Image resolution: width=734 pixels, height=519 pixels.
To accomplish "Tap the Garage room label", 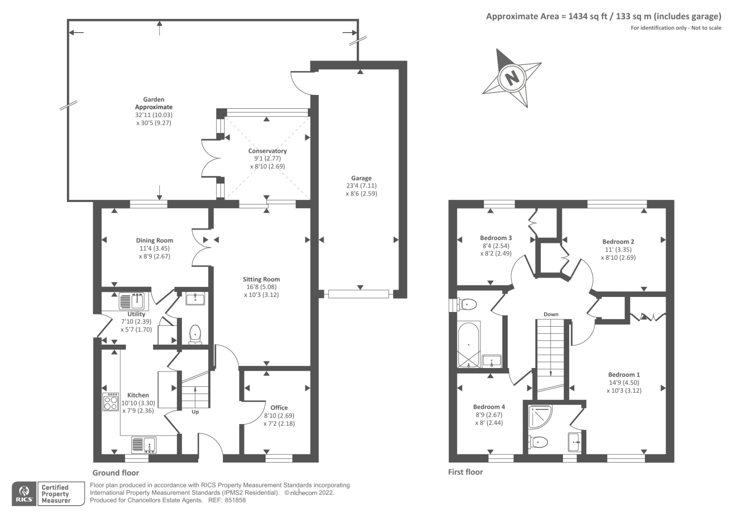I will [361, 178].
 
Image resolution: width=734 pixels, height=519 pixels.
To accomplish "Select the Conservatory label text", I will [267, 151].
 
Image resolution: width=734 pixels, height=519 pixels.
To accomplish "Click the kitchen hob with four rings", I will [111, 402].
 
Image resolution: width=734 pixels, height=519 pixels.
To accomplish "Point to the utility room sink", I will [132, 301].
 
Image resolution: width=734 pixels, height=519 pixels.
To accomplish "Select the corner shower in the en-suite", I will [539, 416].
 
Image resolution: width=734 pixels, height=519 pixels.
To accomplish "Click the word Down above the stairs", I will [551, 314].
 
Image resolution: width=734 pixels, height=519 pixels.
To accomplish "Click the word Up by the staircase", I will [195, 412].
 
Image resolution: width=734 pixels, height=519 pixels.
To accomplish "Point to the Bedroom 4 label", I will [489, 407].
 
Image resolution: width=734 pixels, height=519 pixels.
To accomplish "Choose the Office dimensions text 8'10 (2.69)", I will [279, 415].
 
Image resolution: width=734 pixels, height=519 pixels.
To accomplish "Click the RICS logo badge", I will [24, 494].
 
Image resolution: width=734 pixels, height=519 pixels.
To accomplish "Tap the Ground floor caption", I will [116, 473].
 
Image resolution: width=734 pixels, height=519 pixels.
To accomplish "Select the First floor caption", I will [465, 472].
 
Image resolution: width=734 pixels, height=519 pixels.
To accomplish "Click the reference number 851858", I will [235, 500].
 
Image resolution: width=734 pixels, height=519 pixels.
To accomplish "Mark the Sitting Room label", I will [261, 279].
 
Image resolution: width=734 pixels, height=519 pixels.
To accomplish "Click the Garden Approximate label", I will [154, 103].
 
